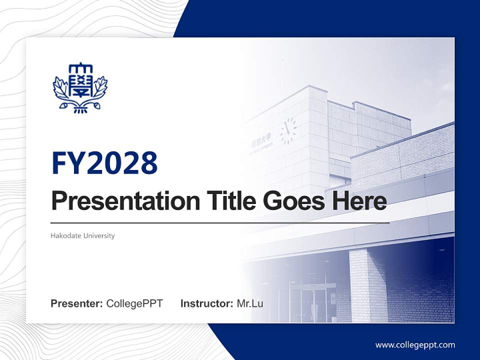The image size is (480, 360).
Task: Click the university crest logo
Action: pos(80,88)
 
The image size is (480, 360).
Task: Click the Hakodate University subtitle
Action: pos(82,235)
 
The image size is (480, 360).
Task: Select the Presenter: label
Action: pos(77,303)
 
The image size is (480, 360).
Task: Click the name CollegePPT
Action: pos(134,303)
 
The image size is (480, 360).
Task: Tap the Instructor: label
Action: pos(206,303)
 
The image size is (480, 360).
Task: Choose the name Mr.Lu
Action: pos(250,303)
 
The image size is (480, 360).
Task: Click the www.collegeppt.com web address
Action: pos(415,345)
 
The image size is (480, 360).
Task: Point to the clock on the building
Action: pos(288,131)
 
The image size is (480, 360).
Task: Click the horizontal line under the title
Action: pos(220,222)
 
